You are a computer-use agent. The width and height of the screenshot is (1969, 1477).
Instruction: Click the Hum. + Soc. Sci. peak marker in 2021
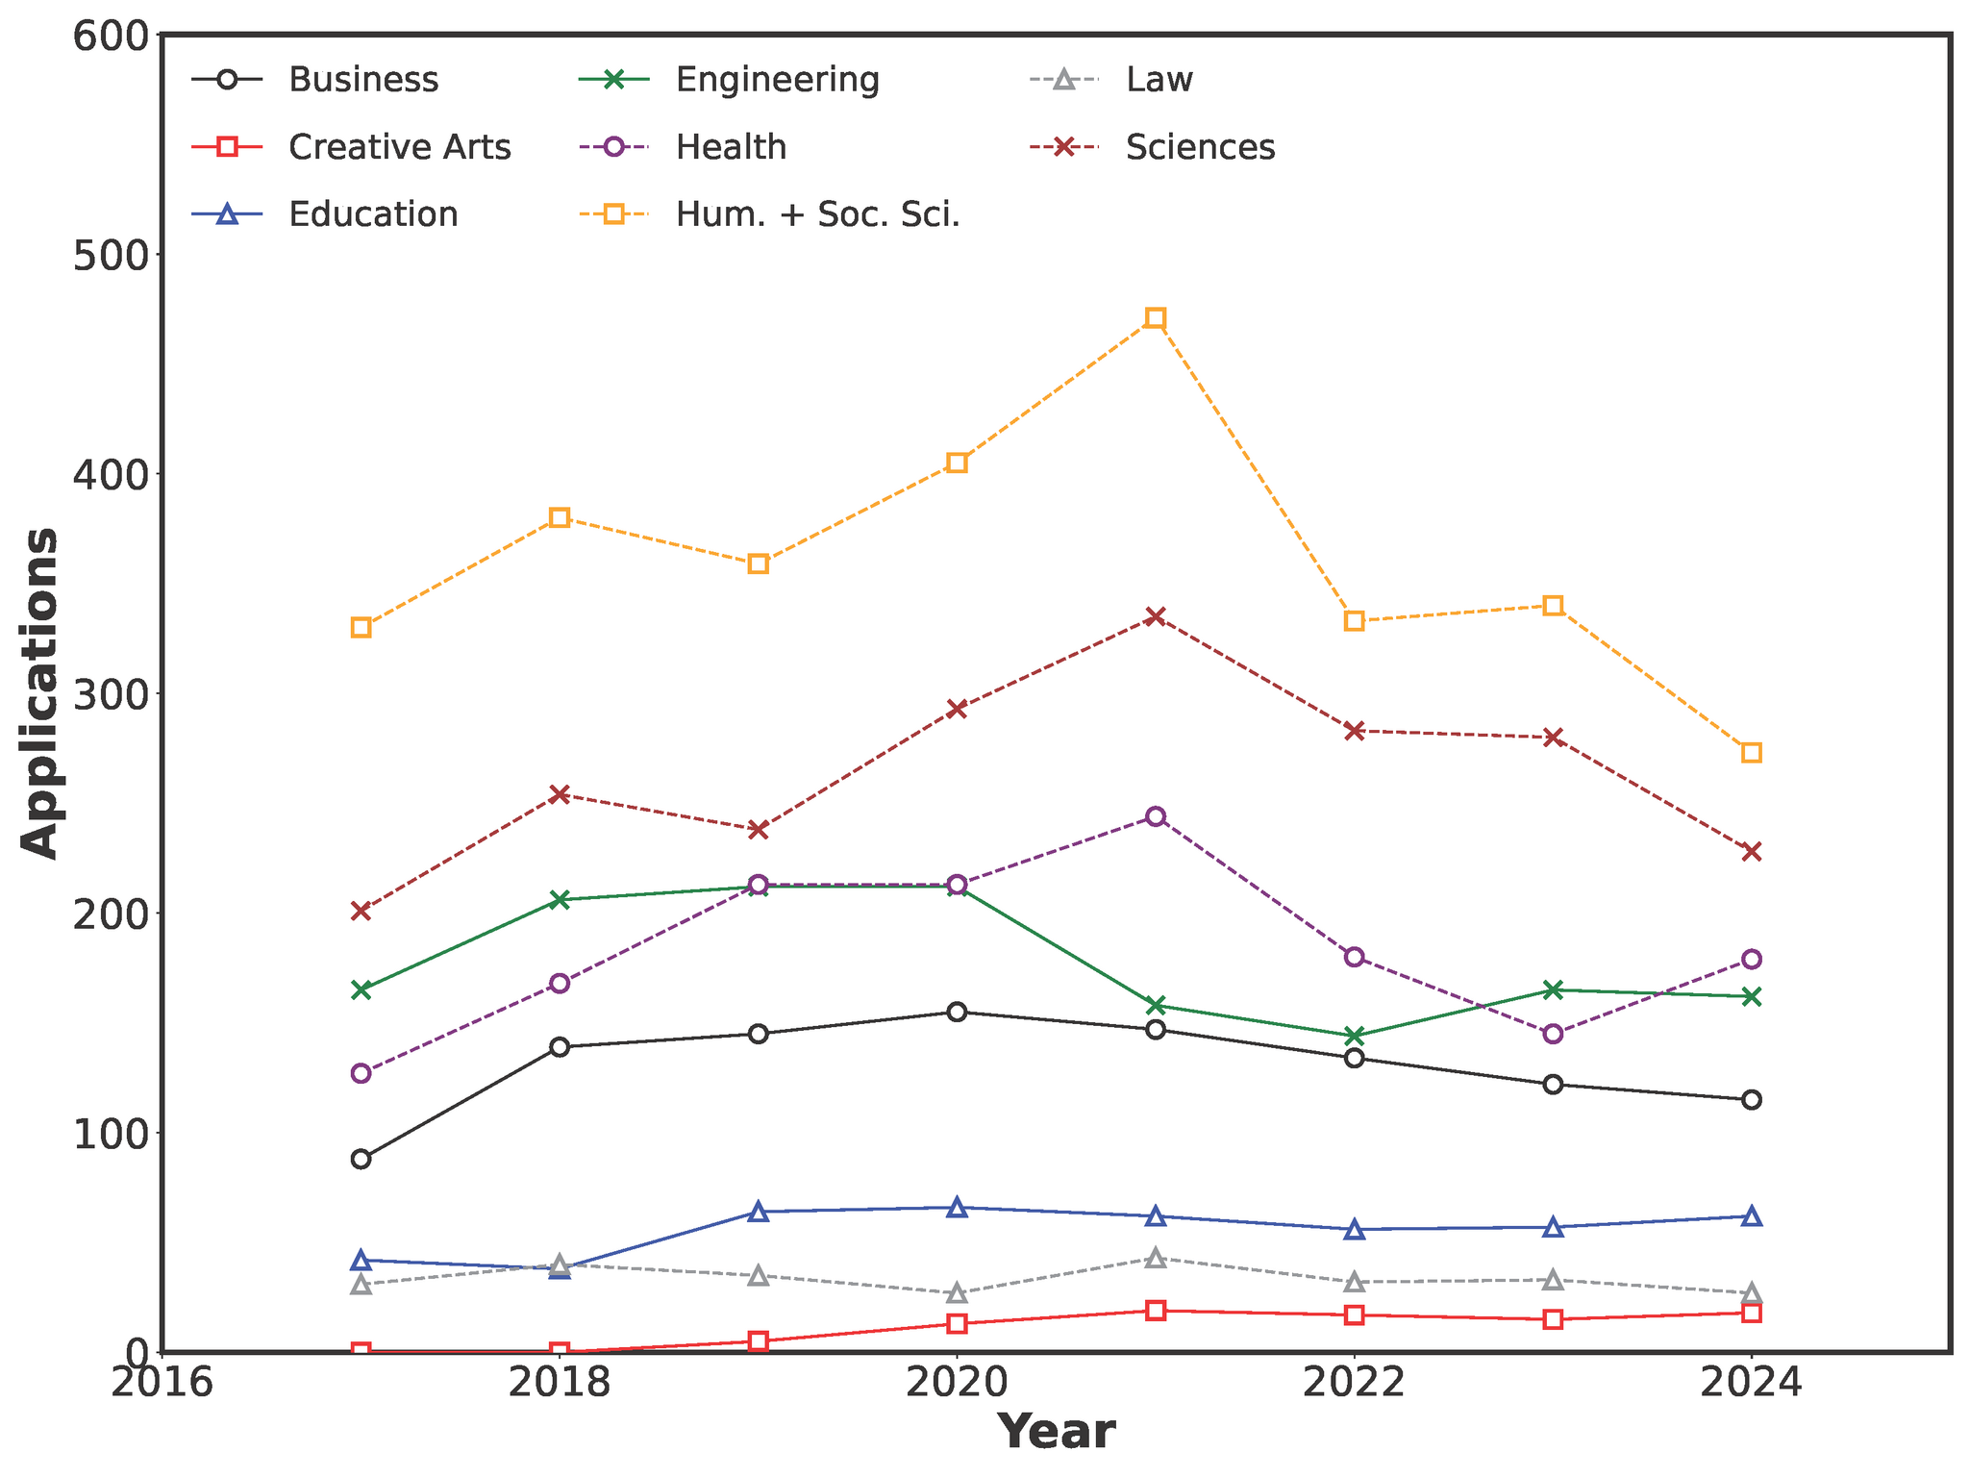tap(1156, 318)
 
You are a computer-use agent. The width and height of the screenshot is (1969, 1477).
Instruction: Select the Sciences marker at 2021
tap(1156, 616)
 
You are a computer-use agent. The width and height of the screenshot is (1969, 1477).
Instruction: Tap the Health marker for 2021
tap(1156, 816)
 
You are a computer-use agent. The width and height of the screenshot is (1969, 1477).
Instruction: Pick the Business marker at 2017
tap(361, 1159)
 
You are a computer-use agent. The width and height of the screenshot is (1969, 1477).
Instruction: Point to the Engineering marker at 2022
tap(1355, 1036)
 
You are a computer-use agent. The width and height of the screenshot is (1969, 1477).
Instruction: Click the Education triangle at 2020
tap(957, 1208)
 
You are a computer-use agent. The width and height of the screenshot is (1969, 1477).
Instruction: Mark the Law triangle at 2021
tap(1156, 1258)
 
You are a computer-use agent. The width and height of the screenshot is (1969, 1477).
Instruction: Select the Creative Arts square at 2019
tap(759, 1341)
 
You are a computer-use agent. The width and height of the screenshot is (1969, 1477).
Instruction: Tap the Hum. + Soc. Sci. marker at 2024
tap(1752, 752)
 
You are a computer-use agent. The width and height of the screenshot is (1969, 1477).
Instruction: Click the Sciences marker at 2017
tap(361, 911)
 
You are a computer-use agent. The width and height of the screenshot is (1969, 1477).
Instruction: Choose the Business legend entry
tap(362, 80)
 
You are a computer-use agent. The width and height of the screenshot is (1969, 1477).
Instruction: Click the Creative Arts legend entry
tap(399, 147)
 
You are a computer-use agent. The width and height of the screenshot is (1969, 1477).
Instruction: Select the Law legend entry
tap(1159, 80)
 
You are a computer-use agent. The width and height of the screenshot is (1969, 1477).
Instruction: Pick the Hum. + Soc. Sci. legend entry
tap(817, 214)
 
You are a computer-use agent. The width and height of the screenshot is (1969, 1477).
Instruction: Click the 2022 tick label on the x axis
tap(1355, 1385)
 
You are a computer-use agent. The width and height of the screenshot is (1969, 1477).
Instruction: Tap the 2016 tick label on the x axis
tap(162, 1385)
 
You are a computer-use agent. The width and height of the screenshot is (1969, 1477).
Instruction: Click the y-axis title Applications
tap(40, 692)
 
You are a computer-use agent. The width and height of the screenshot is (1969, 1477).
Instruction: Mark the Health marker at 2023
tap(1553, 1034)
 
